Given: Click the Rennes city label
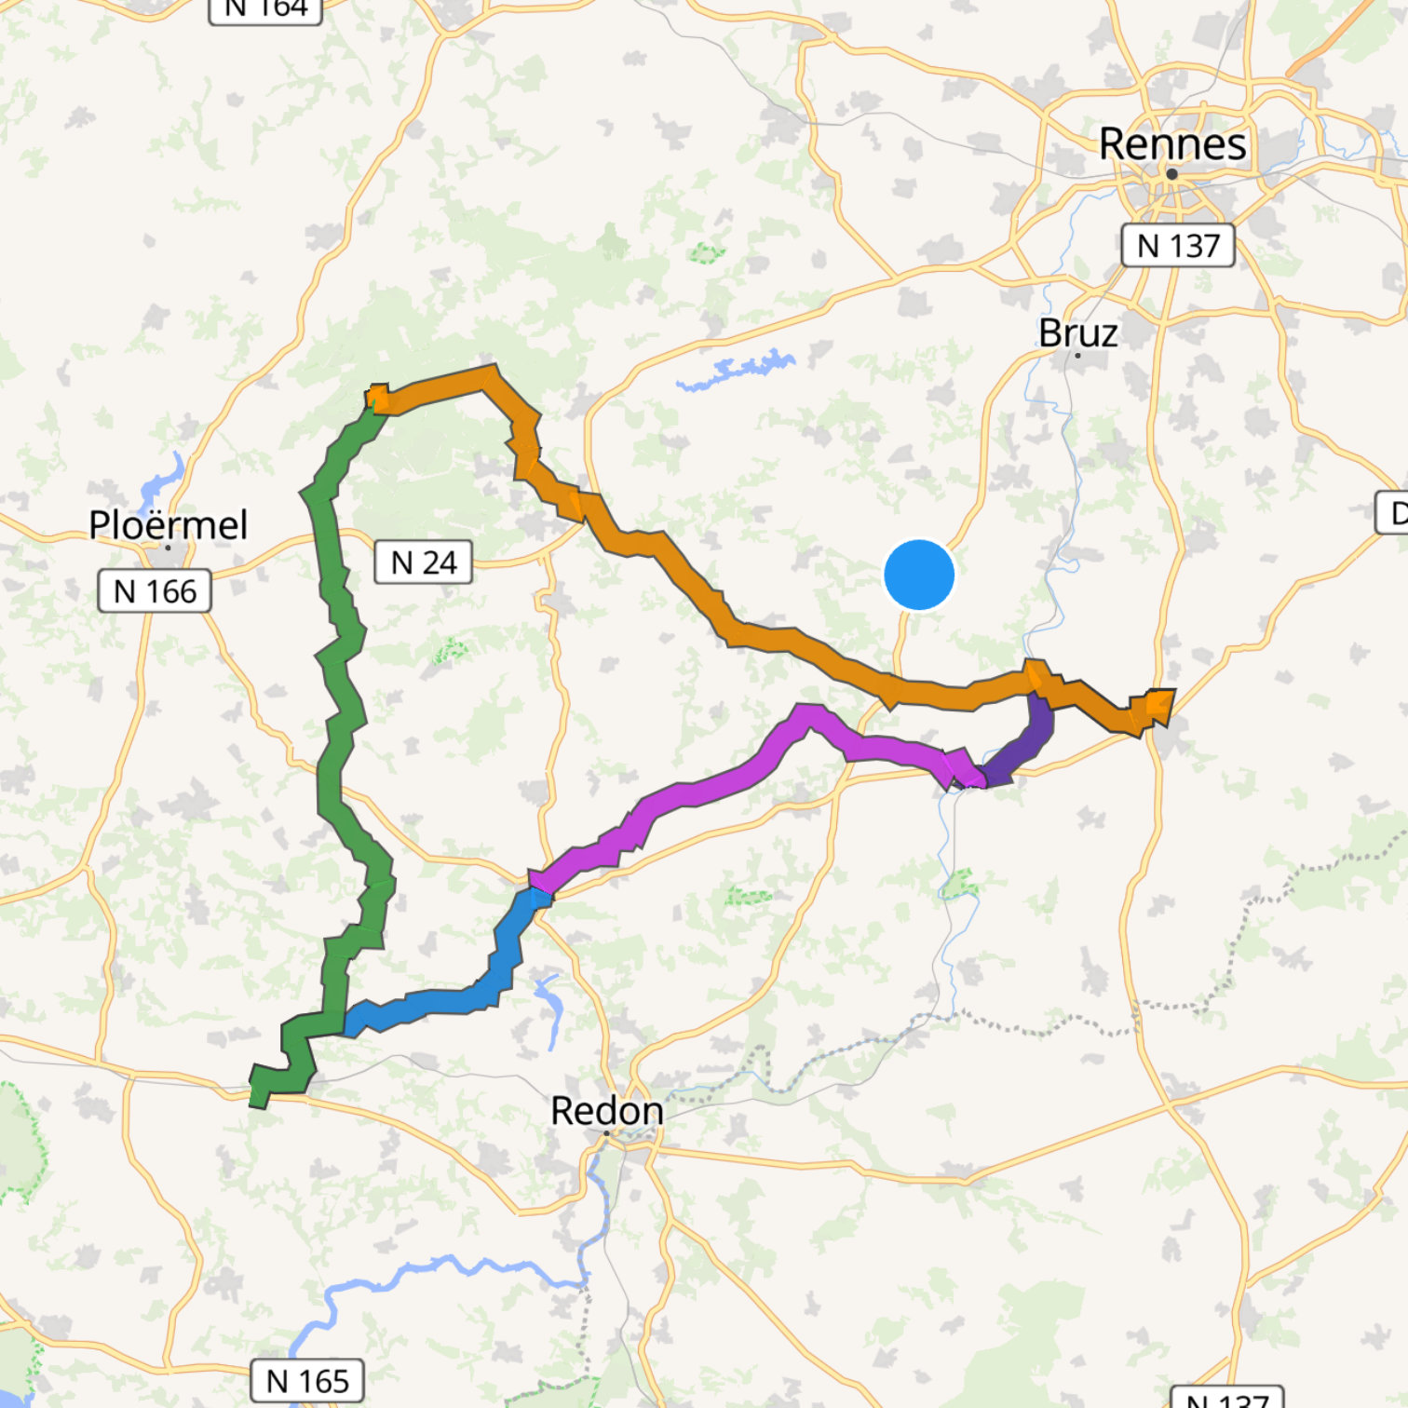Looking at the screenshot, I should point(1172,144).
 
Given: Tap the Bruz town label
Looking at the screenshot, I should point(1077,333).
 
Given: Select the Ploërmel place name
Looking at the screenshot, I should point(169,525).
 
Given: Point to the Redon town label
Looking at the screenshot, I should point(606,1111).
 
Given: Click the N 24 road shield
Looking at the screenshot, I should point(423,562).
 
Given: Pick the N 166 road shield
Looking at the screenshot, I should point(155,591).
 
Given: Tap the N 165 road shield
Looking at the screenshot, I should point(307,1381).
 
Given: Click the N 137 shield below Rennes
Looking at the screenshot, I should point(1178,246).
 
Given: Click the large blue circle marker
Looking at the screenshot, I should point(919,575).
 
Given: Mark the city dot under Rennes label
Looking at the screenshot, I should point(1171,174).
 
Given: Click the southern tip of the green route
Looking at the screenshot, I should point(258,1099).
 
